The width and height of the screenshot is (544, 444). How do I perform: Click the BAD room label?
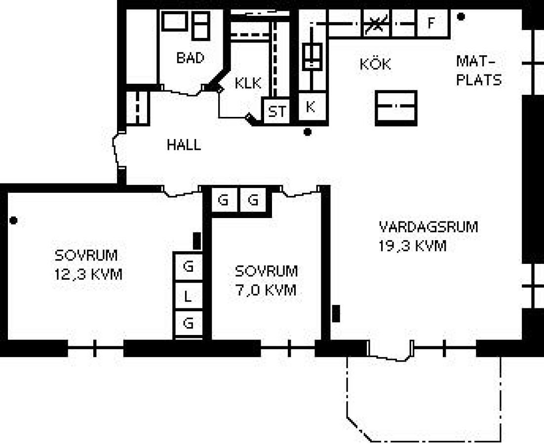190,58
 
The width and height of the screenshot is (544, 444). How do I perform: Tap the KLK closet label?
248,83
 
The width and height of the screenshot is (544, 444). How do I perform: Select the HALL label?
184,145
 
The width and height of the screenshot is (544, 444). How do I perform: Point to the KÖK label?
375,64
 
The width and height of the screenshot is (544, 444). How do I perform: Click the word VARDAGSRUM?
428,227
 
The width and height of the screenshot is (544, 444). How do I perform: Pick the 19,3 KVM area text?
413,246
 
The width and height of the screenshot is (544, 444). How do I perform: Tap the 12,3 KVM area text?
88,274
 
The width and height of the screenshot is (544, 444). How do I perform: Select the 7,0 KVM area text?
266,290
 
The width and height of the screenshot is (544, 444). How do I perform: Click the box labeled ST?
276,111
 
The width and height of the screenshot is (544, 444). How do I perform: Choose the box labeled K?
312,107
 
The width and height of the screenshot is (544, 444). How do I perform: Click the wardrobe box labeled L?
188,296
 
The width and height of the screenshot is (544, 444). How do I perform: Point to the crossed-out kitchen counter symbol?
377,24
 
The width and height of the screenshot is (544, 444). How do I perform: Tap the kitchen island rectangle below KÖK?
396,108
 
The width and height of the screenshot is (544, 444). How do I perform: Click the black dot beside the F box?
461,16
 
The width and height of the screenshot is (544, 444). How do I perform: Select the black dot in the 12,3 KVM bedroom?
13,220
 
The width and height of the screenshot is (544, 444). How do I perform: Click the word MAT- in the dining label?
475,61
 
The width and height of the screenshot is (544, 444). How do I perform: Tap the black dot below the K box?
307,132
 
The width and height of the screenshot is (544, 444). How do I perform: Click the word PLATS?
479,80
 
